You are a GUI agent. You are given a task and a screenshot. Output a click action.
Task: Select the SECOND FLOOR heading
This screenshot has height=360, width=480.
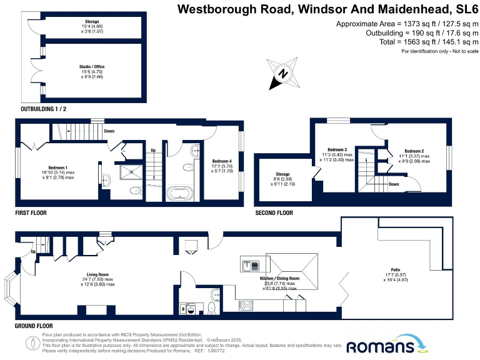tap(274, 213)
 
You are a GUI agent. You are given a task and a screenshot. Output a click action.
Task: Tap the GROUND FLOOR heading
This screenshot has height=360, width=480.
tap(34, 326)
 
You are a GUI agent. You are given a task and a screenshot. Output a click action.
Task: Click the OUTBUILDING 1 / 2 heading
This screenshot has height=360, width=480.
tap(44, 109)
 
